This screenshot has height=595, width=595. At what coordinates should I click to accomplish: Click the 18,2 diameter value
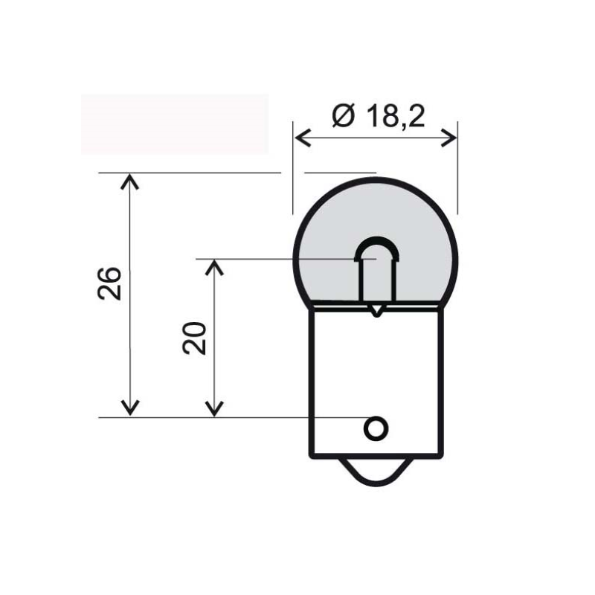[x=396, y=115]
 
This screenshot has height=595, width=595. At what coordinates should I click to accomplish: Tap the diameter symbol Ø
[x=344, y=115]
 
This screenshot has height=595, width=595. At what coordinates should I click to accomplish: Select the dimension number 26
[x=109, y=283]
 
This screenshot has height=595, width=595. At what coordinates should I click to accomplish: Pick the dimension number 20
[x=194, y=338]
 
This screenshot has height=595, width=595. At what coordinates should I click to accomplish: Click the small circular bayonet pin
[x=376, y=428]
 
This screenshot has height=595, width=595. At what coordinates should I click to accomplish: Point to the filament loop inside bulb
[x=377, y=239]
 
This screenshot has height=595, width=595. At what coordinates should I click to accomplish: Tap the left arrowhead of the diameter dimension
[x=303, y=138]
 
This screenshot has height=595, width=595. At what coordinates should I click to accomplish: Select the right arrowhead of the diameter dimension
[x=448, y=138]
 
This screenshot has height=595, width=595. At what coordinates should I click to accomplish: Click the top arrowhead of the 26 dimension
[x=129, y=181]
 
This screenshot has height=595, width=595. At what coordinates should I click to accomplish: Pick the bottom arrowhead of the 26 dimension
[x=129, y=408]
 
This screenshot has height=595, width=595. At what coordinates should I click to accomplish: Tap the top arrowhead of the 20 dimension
[x=214, y=267]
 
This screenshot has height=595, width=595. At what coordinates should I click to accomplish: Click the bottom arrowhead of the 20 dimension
[x=214, y=408]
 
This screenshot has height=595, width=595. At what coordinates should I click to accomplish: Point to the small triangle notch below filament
[x=376, y=311]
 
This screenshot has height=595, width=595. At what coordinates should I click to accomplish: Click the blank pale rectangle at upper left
[x=175, y=123]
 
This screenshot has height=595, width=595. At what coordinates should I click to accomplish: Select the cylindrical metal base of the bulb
[x=376, y=382]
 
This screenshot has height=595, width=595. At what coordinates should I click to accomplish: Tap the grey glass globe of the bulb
[x=376, y=213]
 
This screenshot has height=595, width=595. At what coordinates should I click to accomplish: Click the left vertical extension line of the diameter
[x=293, y=168]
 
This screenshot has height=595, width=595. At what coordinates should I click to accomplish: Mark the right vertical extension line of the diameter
[x=457, y=168]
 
